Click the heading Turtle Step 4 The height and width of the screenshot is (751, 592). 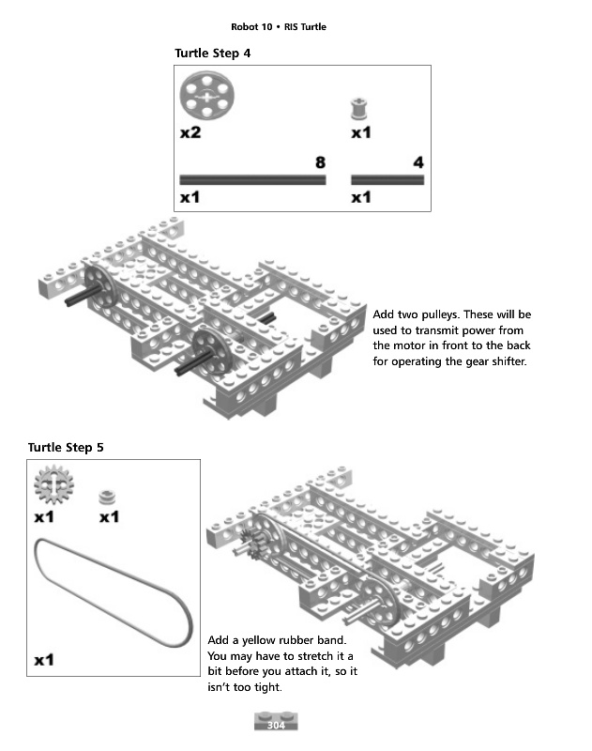point(212,54)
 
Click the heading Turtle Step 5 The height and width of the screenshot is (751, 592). point(66,447)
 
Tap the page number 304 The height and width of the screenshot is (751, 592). point(276,726)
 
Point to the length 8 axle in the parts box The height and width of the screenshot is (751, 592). point(252,179)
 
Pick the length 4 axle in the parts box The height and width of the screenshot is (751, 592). point(387,179)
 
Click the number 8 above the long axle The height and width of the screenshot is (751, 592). point(320,162)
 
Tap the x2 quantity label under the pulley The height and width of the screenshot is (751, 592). point(190,133)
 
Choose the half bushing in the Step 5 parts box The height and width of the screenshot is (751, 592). point(108,494)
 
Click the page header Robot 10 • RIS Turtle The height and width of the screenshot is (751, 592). point(279,26)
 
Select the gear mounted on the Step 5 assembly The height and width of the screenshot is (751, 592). point(251,544)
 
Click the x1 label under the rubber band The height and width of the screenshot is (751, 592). point(44,660)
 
